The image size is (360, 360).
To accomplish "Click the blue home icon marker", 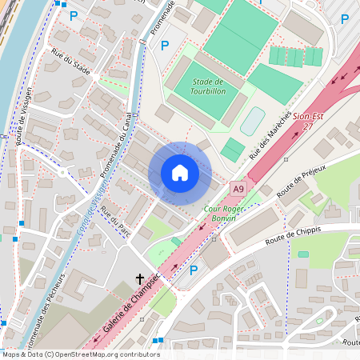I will click(x=180, y=173).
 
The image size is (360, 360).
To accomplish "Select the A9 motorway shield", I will click(x=238, y=188).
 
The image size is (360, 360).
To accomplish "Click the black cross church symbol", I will click(x=140, y=279).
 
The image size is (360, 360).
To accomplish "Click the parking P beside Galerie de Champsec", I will click(x=193, y=270).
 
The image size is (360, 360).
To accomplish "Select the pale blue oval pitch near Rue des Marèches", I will click(x=252, y=121).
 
